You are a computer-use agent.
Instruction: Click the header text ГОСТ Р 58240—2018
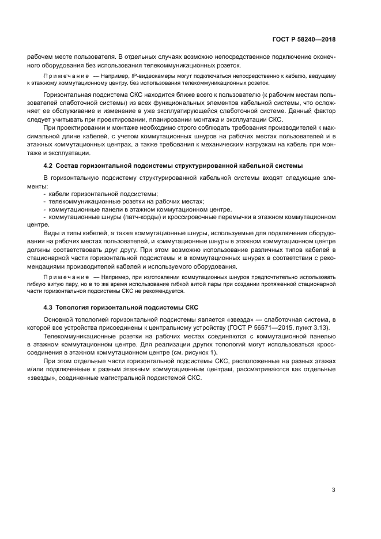click(x=303, y=40)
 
